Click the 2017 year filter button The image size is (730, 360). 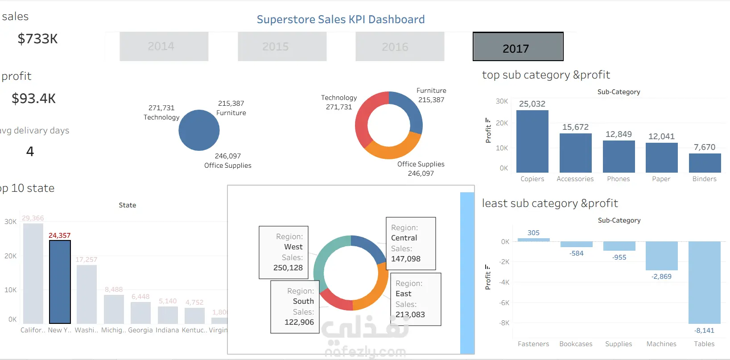pyautogui.click(x=518, y=46)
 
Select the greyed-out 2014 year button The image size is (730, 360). pyautogui.click(x=164, y=46)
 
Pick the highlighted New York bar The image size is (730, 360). pyautogui.click(x=60, y=281)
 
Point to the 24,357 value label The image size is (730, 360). pyautogui.click(x=59, y=236)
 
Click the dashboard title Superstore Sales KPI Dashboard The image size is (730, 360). pyautogui.click(x=340, y=20)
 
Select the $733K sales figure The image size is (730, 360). pyautogui.click(x=37, y=39)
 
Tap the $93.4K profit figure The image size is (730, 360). pyautogui.click(x=34, y=98)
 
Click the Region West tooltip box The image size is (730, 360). pyautogui.click(x=284, y=252)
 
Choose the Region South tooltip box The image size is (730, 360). pyautogui.click(x=295, y=306)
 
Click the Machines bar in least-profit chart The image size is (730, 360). pyautogui.click(x=661, y=256)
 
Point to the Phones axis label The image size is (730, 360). pyautogui.click(x=618, y=179)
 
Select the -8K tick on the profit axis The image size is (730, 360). pyautogui.click(x=504, y=323)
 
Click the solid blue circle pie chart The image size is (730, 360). pyautogui.click(x=199, y=130)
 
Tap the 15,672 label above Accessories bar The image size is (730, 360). pyautogui.click(x=575, y=127)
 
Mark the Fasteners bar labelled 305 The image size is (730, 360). pyautogui.click(x=533, y=240)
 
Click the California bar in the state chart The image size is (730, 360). pyautogui.click(x=33, y=273)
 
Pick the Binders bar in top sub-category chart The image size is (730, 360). pyautogui.click(x=705, y=163)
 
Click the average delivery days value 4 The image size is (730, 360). pyautogui.click(x=30, y=152)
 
